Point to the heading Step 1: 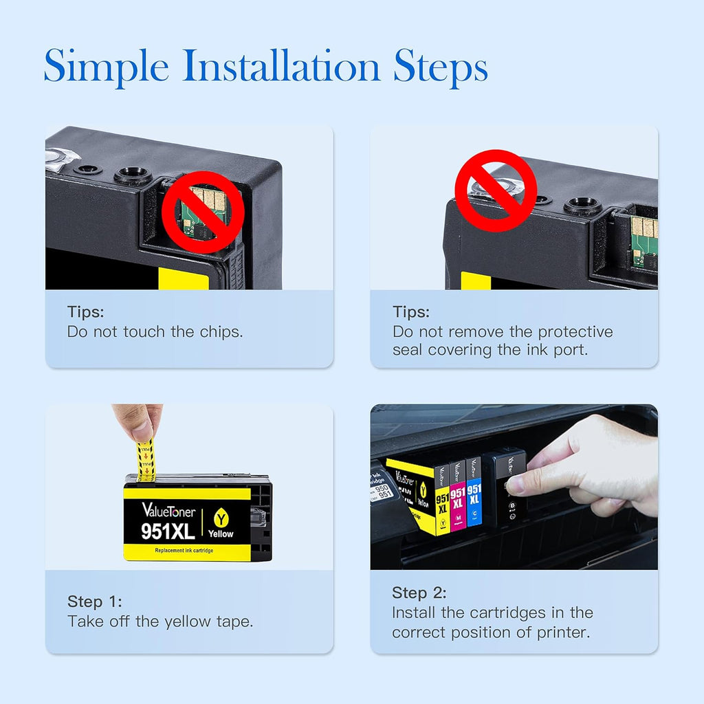(x=95, y=602)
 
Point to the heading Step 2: (x=419, y=593)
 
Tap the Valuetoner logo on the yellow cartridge (x=168, y=510)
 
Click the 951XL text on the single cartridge (x=168, y=531)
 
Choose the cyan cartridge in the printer (x=474, y=492)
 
